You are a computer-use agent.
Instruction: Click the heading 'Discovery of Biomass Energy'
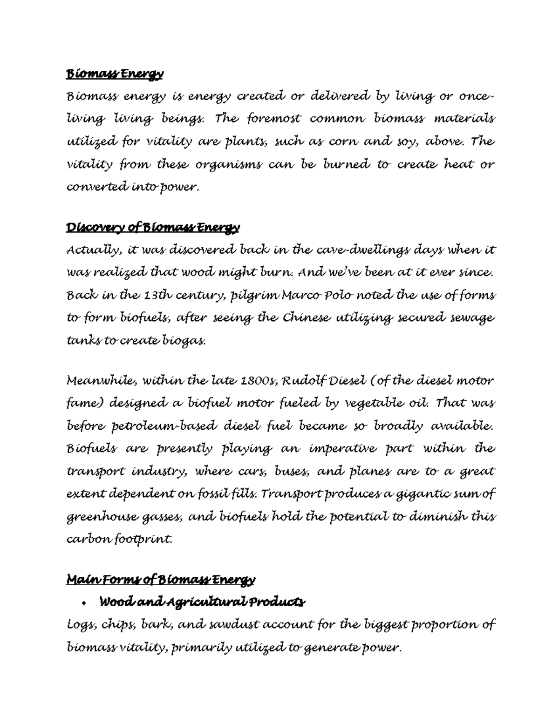coord(153,228)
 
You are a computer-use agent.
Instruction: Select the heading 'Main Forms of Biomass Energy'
coord(161,580)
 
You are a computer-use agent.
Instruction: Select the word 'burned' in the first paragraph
coord(342,165)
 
